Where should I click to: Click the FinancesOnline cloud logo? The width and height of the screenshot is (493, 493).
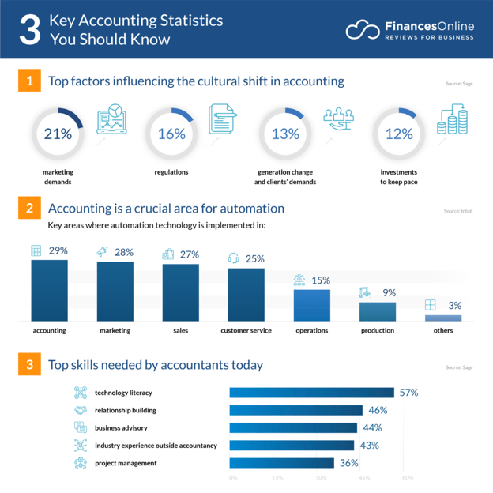point(363,30)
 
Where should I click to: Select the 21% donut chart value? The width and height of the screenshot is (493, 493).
point(58,134)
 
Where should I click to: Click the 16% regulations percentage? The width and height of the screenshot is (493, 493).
point(171,134)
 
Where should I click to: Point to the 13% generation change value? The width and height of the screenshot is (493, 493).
point(285,134)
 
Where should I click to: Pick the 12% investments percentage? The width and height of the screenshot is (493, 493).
point(399,134)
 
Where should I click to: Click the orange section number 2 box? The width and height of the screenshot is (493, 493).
point(28,209)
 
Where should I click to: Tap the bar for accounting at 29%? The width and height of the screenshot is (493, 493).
point(49,289)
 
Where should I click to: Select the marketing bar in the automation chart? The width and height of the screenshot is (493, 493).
point(115,291)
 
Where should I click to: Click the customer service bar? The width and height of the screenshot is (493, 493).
point(246,294)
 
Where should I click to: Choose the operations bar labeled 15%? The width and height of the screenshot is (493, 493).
point(311,305)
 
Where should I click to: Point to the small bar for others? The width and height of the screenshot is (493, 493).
point(442,318)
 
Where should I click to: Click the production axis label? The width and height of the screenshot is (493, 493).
point(377,330)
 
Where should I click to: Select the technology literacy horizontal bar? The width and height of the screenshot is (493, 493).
point(311,393)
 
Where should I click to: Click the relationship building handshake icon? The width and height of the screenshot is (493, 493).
point(81,410)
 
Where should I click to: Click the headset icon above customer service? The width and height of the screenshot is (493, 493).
point(234,258)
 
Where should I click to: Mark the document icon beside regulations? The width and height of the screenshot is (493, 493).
point(223,119)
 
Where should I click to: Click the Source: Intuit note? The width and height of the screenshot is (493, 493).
point(458,211)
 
